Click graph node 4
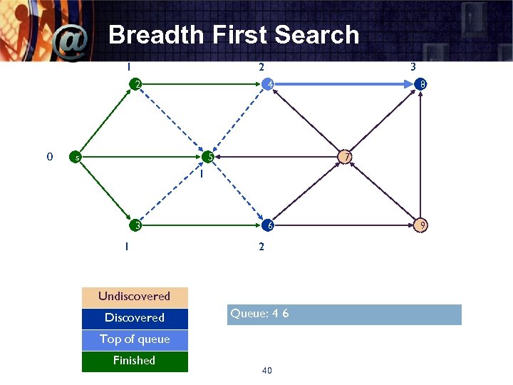pyautogui.click(x=267, y=86)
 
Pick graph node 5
pyautogui.click(x=207, y=157)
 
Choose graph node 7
pyautogui.click(x=346, y=157)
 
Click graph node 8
pyautogui.click(x=422, y=86)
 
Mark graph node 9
pyautogui.click(x=422, y=225)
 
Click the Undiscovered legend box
pyautogui.click(x=135, y=297)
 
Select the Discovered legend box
pyautogui.click(x=135, y=318)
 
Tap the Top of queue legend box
pyautogui.click(x=135, y=339)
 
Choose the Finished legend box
pyautogui.click(x=135, y=361)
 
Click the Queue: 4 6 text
pyautogui.click(x=259, y=314)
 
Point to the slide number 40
pyautogui.click(x=267, y=370)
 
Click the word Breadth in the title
pyautogui.click(x=151, y=34)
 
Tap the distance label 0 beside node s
pyautogui.click(x=48, y=156)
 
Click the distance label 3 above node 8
pyautogui.click(x=413, y=67)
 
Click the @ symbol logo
pyautogui.click(x=71, y=44)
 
